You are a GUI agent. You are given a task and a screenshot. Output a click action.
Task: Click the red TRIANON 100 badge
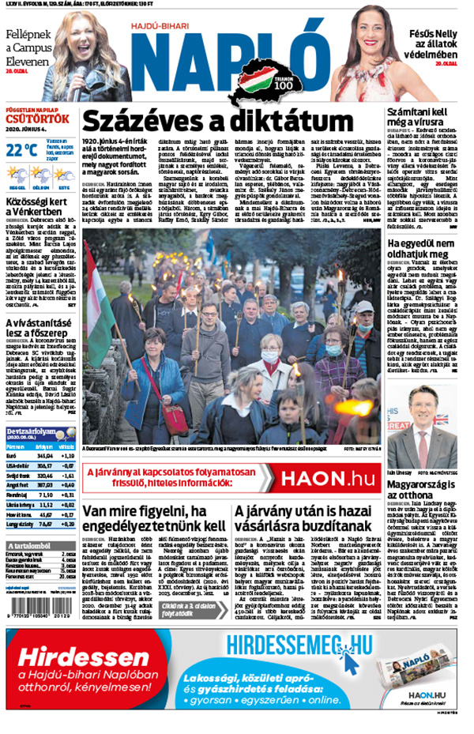pyautogui.click(x=282, y=90)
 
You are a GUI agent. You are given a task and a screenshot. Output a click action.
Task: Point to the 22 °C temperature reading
pyautogui.click(x=21, y=149)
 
